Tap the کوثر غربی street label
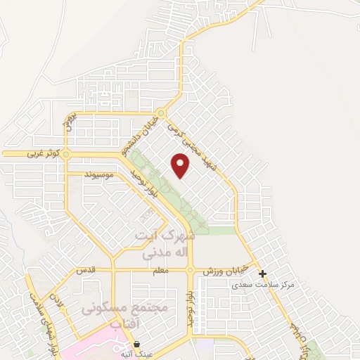click(41, 153)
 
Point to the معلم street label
click(161, 271)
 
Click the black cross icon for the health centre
click(262, 274)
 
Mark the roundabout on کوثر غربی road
click(66, 153)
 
